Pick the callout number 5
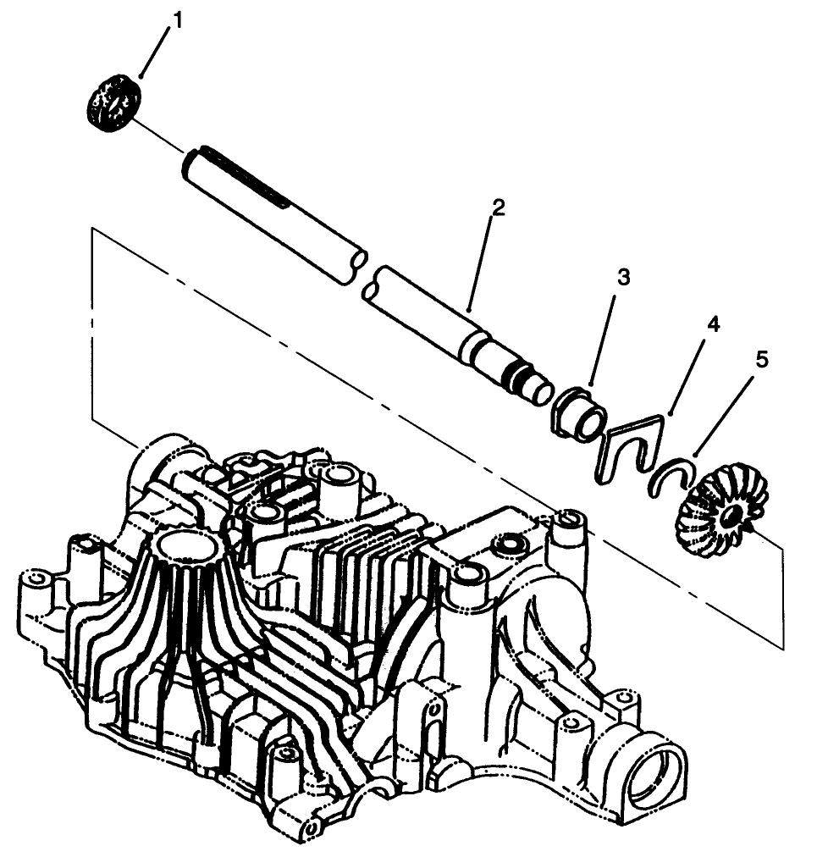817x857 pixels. [763, 360]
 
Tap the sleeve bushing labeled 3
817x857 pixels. [580, 413]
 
